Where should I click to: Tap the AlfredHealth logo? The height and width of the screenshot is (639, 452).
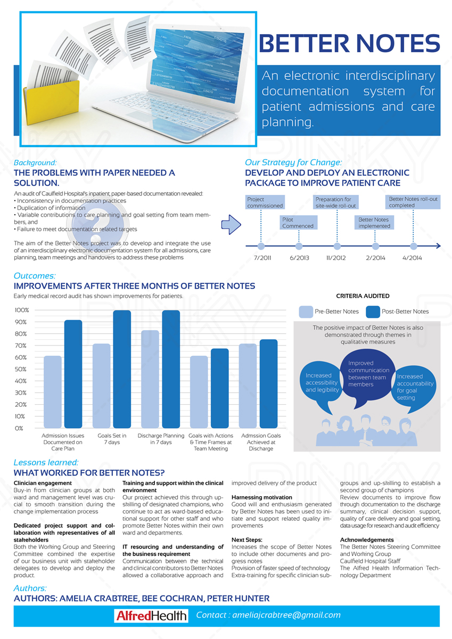[151, 616]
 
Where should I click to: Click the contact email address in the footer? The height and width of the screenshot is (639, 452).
[268, 615]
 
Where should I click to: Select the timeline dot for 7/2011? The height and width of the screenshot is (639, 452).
[261, 246]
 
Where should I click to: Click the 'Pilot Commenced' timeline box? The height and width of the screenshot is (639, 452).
[298, 222]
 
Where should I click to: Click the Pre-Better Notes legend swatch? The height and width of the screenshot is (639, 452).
[306, 312]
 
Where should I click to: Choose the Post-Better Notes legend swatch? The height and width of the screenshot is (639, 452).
[373, 312]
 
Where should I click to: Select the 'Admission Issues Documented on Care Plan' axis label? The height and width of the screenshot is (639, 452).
[63, 442]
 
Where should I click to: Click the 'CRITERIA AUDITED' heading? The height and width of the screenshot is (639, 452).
[363, 296]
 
